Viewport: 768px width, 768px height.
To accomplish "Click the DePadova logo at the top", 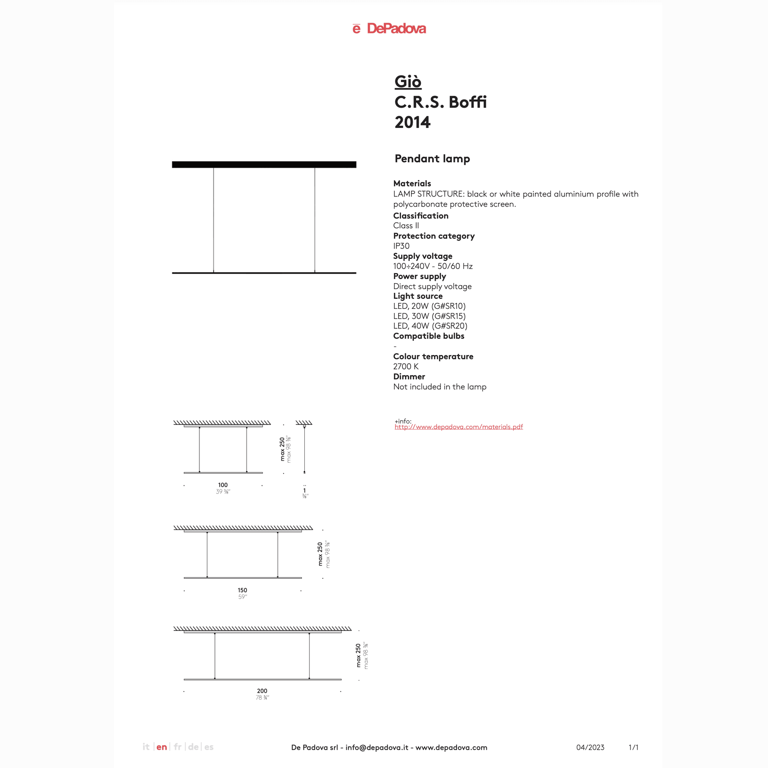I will point(389,28).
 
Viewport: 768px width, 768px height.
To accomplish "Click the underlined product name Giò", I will point(407,82).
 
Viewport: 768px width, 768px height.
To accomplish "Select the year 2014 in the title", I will point(412,122).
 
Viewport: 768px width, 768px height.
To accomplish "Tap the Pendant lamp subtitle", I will point(432,159).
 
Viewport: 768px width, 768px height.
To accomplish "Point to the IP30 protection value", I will point(401,246).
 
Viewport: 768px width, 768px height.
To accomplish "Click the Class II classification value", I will point(406,225).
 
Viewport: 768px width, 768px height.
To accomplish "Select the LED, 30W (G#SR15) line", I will point(429,316).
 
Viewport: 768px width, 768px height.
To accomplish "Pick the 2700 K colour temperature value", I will point(406,367).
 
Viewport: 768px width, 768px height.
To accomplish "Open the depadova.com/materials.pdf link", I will point(458,427).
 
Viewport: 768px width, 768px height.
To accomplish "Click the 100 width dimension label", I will point(223,485).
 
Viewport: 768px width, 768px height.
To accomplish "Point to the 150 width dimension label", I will point(242,590).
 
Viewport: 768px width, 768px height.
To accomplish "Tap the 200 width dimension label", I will point(262,691).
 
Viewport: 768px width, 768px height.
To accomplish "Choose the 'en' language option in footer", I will point(162,747).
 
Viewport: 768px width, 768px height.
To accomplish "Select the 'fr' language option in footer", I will point(178,747).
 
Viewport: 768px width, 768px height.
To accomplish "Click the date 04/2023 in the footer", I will point(590,747).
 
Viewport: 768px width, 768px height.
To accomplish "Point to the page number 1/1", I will point(633,747).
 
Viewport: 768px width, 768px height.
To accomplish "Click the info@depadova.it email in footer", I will point(376,747).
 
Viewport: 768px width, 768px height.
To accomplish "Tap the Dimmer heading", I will point(409,377).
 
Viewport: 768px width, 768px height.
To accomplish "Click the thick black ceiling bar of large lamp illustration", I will point(264,165).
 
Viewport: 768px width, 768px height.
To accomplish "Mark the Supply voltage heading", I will point(422,256).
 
